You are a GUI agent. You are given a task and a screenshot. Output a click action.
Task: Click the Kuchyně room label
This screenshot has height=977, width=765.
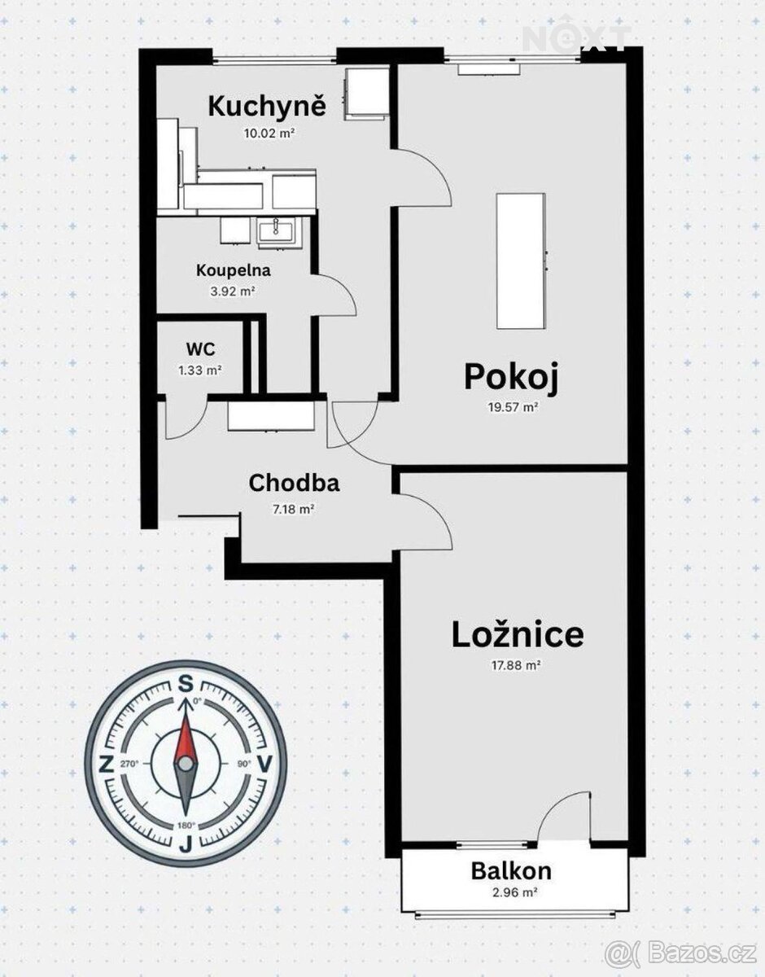267,107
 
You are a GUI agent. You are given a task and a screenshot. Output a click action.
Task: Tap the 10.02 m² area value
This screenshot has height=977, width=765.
269,133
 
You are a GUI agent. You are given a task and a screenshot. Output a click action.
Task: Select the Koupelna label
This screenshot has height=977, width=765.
234,270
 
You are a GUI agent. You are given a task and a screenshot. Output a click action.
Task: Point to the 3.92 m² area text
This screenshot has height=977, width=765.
233,291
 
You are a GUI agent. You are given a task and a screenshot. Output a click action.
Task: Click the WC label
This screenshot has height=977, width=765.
200,349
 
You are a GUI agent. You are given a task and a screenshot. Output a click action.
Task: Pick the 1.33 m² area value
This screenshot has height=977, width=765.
200,370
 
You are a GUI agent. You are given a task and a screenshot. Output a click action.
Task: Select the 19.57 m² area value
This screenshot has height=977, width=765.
514,407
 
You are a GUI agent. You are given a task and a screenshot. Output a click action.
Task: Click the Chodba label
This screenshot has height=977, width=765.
295,484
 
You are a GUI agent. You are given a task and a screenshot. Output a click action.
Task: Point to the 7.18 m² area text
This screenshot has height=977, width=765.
293,510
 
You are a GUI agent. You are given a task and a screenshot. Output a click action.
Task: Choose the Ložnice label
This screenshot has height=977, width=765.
518,635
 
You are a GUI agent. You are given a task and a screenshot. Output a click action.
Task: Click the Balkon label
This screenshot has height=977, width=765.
511,871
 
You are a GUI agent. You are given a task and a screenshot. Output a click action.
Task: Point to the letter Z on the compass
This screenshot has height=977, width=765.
106,764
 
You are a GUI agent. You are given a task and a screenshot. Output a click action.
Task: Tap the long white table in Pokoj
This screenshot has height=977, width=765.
521,261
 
